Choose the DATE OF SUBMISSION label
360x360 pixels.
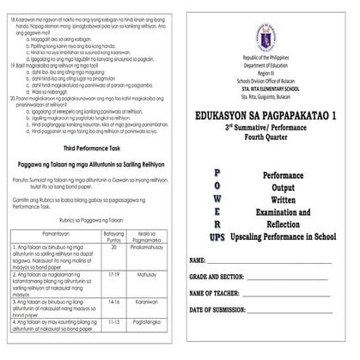click(x=224, y=309)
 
